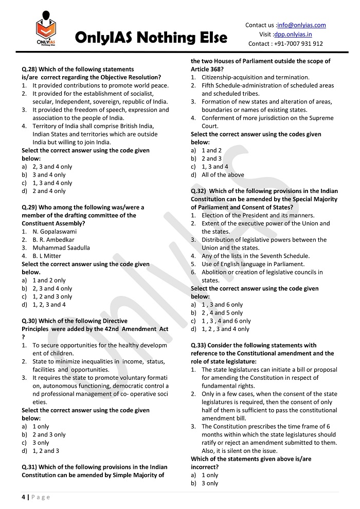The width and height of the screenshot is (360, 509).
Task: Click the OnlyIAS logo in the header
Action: pyautogui.click(x=46, y=31)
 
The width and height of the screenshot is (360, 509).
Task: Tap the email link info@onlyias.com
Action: pyautogui.click(x=300, y=25)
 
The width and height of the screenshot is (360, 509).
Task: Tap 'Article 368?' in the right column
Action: pyautogui.click(x=207, y=69)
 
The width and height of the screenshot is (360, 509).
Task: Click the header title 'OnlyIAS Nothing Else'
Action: pyautogui.click(x=151, y=38)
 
